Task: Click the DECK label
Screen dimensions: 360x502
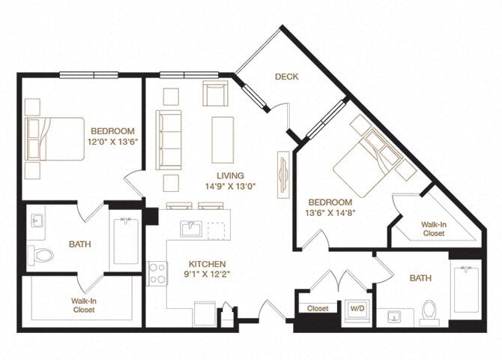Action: pyautogui.click(x=287, y=76)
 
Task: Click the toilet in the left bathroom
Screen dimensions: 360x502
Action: pyautogui.click(x=42, y=256)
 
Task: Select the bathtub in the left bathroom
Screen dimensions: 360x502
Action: pyautogui.click(x=126, y=241)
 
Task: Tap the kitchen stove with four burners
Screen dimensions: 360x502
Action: pyautogui.click(x=157, y=273)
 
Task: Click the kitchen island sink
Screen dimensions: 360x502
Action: pyautogui.click(x=190, y=229)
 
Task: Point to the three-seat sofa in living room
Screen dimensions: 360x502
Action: pyautogui.click(x=169, y=139)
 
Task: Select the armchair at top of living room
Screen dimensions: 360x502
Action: pyautogui.click(x=215, y=94)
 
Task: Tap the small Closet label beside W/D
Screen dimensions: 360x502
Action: pyautogui.click(x=318, y=307)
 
